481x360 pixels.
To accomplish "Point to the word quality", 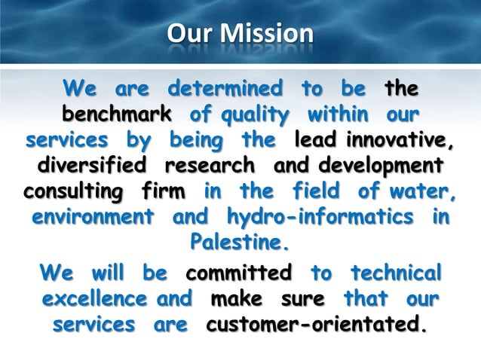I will (240, 116).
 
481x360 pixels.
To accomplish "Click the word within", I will (338, 116).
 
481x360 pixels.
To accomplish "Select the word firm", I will (162, 191).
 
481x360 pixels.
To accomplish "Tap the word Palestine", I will (240, 243).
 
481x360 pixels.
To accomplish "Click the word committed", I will (239, 273).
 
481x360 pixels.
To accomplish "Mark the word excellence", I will (95, 300).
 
